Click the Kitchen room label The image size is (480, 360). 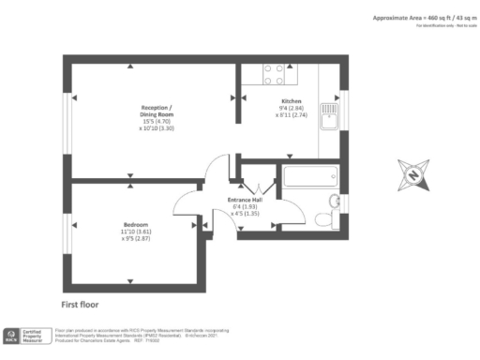(x=291, y=100)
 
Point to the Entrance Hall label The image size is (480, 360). (x=244, y=201)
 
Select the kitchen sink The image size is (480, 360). (x=330, y=115)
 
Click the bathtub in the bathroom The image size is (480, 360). (x=308, y=176)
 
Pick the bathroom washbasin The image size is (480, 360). (x=336, y=202)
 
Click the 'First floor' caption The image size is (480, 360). (x=80, y=305)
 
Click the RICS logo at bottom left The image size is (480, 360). (x=11, y=336)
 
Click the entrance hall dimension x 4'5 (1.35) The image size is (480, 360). (x=244, y=215)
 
